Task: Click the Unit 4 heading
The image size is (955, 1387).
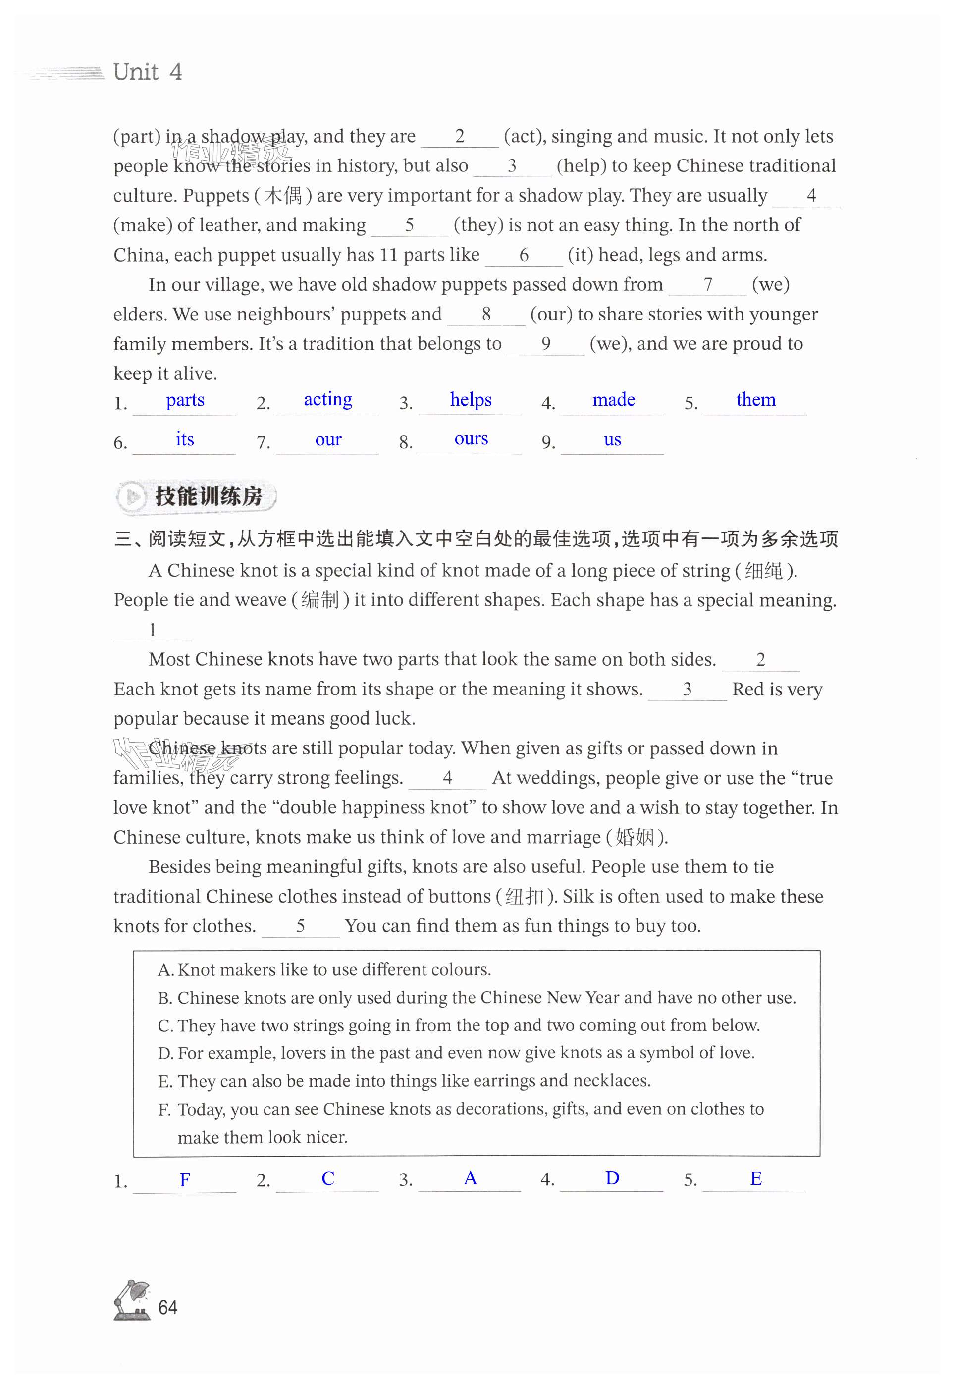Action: point(147,72)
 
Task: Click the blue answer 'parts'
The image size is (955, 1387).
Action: point(185,400)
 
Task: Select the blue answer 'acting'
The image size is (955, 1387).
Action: point(328,399)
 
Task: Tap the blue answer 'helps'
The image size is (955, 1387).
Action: point(471,400)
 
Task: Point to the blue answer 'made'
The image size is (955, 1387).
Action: point(613,400)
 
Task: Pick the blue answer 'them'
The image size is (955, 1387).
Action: point(756,400)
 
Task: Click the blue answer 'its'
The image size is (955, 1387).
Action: point(185,439)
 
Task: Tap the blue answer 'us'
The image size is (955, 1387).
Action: point(612,440)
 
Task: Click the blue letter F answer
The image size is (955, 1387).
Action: point(185,1179)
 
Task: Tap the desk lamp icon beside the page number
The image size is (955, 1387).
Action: point(132,1300)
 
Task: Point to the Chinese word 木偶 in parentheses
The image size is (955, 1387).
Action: point(283,196)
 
